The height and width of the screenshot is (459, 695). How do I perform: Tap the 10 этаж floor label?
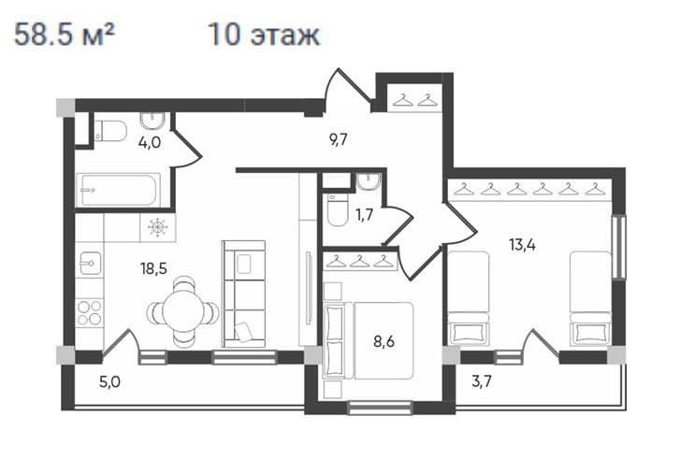point(264,36)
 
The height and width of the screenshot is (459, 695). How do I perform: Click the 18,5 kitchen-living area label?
point(154,267)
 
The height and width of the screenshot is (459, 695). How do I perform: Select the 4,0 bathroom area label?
point(149,143)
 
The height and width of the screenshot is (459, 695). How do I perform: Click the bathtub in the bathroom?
point(117,191)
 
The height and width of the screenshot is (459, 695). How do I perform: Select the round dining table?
point(185,309)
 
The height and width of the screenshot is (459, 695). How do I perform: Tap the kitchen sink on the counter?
point(90,264)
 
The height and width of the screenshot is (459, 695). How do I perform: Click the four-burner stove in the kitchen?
point(89,311)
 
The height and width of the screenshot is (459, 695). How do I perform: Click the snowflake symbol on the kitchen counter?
point(157,227)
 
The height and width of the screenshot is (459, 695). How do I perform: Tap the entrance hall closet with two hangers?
point(414,96)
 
